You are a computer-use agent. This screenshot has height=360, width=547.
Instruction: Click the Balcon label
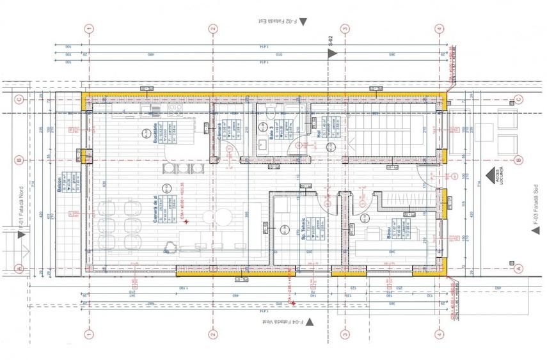58,184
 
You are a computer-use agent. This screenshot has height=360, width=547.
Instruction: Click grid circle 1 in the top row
90,29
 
